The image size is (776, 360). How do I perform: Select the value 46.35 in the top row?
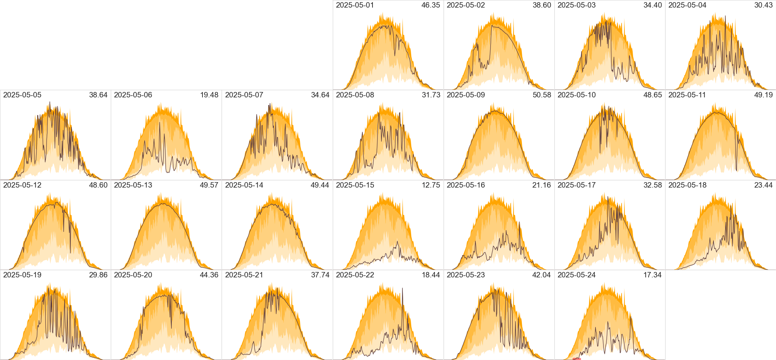point(431,5)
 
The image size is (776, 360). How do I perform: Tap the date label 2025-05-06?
point(133,95)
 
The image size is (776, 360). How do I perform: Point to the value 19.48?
point(209,95)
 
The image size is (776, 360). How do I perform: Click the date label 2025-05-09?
point(466,95)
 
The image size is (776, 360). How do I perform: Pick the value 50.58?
point(542,95)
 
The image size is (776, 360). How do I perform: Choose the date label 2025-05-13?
point(133,185)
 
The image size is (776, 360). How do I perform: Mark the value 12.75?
point(431,185)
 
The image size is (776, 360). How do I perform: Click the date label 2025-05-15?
point(355,185)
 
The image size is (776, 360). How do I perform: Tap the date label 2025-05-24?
point(576,275)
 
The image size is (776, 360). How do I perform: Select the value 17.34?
point(652,275)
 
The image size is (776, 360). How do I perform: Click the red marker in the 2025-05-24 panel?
point(576,359)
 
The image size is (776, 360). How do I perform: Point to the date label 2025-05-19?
point(22,275)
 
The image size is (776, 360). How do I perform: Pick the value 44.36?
point(209,275)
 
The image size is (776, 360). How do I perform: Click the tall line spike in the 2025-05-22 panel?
point(402,289)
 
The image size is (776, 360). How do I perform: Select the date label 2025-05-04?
point(687,5)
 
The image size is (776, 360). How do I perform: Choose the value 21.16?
point(542,185)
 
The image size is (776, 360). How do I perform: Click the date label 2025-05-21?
point(244,275)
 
